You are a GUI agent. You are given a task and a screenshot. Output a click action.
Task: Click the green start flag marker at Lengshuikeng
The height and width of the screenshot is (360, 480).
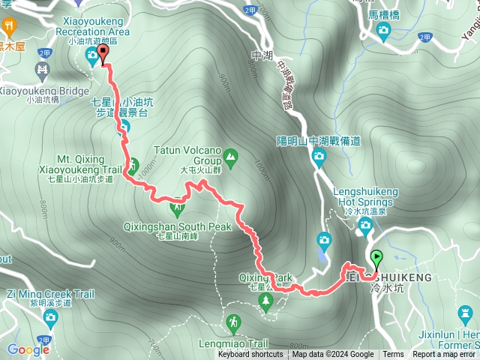(x=376, y=259)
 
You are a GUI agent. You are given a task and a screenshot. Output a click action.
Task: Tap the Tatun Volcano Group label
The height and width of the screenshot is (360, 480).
(x=187, y=154)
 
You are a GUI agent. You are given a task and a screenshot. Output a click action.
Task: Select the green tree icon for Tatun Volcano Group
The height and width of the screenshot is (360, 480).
(x=230, y=158)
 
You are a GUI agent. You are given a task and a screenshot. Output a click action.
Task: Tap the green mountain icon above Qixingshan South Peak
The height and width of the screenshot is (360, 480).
(x=178, y=205)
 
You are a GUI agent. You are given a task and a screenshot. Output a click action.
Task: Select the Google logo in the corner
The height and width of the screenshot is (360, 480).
(x=28, y=349)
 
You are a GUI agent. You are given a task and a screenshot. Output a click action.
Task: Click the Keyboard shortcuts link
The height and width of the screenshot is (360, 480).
(x=250, y=355)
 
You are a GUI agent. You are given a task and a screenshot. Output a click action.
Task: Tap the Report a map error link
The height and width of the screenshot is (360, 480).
(x=444, y=355)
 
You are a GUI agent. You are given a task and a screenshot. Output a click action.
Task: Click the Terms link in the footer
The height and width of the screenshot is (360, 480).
(x=393, y=355)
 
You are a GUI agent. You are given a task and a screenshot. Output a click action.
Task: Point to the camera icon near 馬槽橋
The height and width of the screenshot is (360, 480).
(x=384, y=30)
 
